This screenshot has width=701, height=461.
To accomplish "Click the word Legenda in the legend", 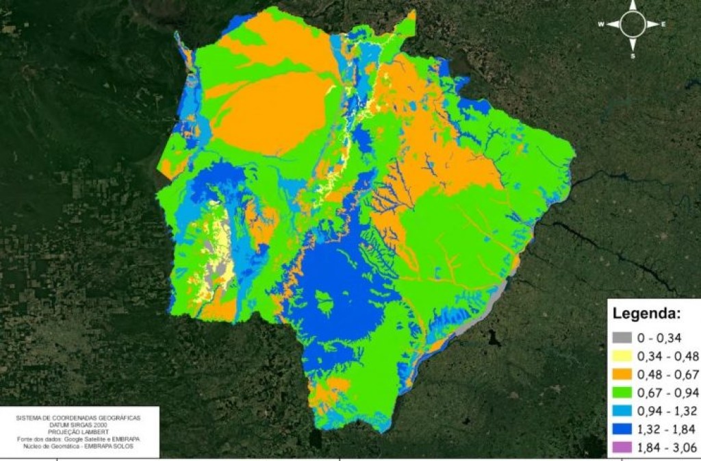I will coord(646,314).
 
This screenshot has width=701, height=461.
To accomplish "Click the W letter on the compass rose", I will coord(601,25).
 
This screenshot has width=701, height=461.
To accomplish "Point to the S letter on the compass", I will coord(633,56).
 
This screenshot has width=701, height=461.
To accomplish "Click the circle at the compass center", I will coord(633,25).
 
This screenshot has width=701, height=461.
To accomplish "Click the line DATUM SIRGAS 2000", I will coord(81,423).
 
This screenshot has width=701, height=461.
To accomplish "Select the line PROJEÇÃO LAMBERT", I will coord(81,431).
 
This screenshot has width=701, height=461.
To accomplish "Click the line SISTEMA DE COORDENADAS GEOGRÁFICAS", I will coord(81,416).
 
